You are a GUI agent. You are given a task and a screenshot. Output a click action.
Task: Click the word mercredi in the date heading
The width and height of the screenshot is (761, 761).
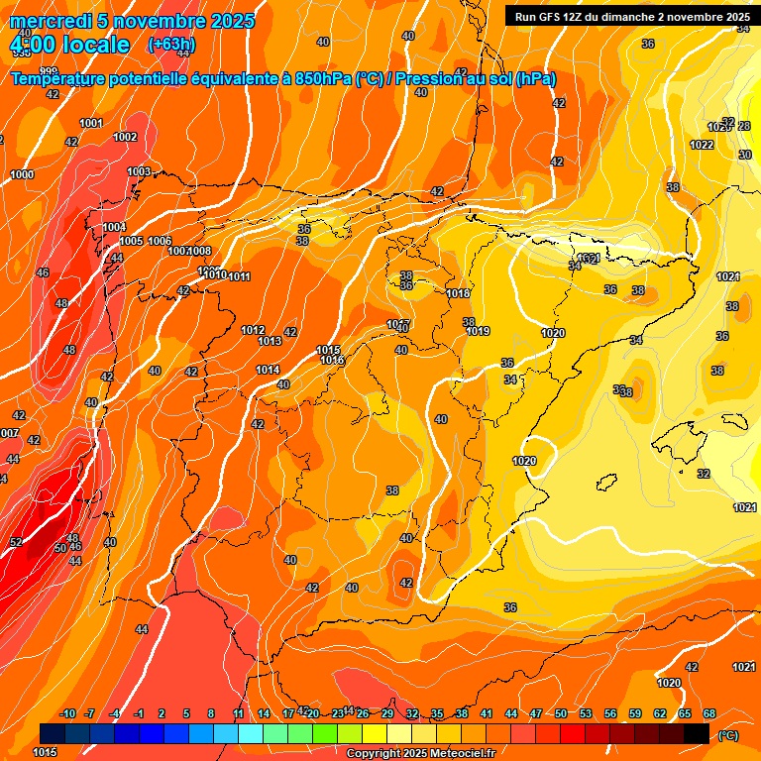point(51,21)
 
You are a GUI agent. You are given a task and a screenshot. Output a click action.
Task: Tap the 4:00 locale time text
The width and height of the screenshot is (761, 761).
point(69,45)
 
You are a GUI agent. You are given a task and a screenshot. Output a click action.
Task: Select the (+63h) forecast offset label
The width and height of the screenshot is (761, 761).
point(171,45)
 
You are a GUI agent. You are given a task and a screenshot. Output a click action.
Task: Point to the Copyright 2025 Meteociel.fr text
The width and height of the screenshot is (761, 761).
point(420,754)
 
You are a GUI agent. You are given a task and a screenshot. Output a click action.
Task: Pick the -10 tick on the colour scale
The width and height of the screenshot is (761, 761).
point(68,713)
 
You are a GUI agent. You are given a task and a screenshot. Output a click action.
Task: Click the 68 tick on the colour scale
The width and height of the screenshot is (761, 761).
point(709,713)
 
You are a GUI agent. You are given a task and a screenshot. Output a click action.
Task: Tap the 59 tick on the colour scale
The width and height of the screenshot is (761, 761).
point(635,713)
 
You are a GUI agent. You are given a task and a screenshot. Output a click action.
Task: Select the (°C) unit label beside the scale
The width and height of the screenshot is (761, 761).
point(727,734)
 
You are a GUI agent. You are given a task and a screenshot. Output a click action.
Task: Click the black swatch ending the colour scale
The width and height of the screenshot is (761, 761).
point(697,733)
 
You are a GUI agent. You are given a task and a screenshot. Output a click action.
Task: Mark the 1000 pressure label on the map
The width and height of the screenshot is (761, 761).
point(22,174)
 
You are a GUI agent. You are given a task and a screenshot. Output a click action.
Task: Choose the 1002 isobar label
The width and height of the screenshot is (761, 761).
point(125,137)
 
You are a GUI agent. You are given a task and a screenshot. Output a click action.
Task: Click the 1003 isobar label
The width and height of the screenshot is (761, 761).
point(139,171)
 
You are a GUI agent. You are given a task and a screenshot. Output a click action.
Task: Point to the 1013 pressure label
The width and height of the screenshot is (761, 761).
point(270,341)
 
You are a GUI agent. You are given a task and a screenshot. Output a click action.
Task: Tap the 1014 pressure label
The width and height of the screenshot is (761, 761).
point(268,370)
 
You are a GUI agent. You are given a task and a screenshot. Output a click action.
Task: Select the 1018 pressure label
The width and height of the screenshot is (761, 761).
point(458,293)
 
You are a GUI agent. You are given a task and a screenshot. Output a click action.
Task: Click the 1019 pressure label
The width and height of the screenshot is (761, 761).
point(479,331)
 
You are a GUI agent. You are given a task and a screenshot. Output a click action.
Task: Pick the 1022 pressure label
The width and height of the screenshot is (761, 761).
point(702,145)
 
